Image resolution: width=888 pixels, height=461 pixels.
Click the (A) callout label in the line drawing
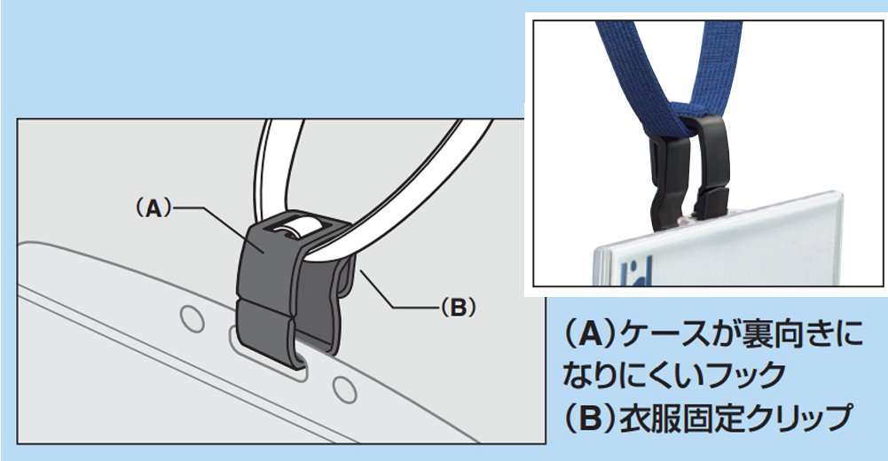click(x=153, y=208)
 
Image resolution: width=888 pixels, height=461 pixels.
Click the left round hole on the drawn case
click(x=193, y=318)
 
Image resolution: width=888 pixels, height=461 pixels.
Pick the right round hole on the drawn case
click(x=344, y=389)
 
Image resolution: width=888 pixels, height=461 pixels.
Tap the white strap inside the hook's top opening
click(x=294, y=227)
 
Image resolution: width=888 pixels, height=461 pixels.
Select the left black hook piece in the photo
click(x=668, y=181)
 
